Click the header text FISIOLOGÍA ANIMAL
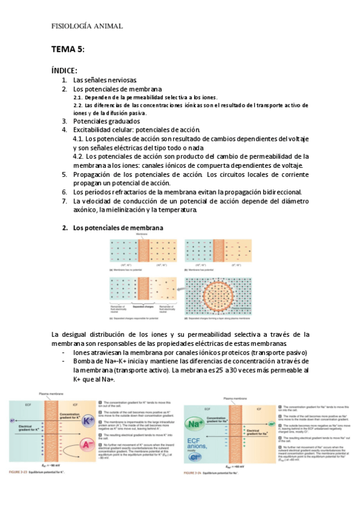tap(87, 26)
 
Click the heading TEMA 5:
tap(68, 49)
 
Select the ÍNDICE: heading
tap(64, 70)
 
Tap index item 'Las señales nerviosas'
tap(106, 80)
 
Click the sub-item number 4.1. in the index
tap(78, 139)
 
